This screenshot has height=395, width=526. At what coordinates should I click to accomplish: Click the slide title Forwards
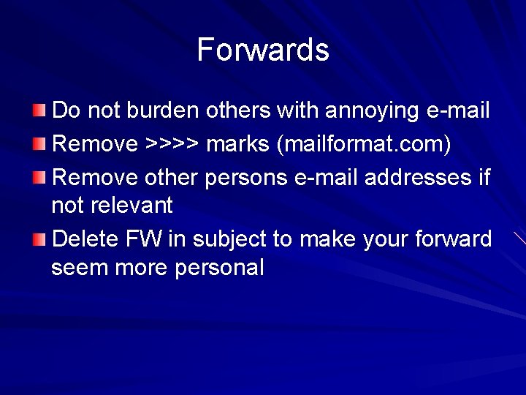pyautogui.click(x=263, y=50)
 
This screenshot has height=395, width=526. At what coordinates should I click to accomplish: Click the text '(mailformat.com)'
pyautogui.click(x=363, y=145)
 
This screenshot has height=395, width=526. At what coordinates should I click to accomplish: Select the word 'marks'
pyautogui.click(x=238, y=144)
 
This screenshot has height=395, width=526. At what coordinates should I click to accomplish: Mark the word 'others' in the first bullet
pyautogui.click(x=237, y=111)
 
